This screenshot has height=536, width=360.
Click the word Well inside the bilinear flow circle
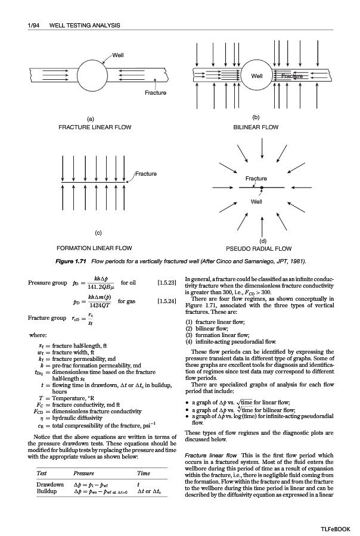pyautogui.click(x=257, y=76)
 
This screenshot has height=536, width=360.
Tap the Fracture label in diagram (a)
pyautogui.click(x=155, y=92)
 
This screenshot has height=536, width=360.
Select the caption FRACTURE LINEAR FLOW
pyautogui.click(x=95, y=127)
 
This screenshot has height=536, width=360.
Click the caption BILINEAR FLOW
pyautogui.click(x=256, y=127)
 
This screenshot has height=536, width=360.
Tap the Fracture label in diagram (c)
pyautogui.click(x=146, y=174)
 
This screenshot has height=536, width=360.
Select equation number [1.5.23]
pyautogui.click(x=166, y=282)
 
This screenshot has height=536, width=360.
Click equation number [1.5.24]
pyautogui.click(x=166, y=301)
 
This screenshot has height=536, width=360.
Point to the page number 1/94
pyautogui.click(x=29, y=25)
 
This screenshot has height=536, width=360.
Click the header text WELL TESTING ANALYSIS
pyautogui.click(x=84, y=25)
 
